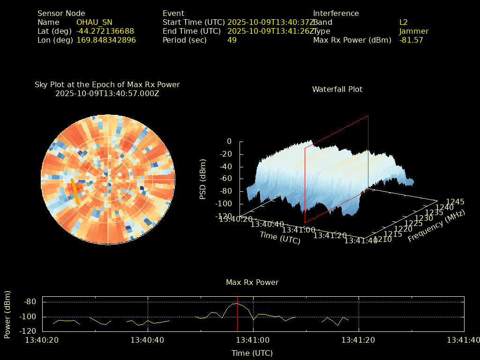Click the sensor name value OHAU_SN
(94, 22)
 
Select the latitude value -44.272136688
(105, 31)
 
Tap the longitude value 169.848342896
(106, 40)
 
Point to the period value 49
(232, 40)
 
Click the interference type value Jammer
(414, 31)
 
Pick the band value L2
(403, 22)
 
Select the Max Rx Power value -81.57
(411, 40)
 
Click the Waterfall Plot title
(337, 89)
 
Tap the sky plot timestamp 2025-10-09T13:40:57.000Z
(107, 93)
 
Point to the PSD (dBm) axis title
(203, 179)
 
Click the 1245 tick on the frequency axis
(455, 202)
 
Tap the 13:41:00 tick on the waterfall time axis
(298, 230)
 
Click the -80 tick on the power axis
(30, 302)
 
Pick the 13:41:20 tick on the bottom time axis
(359, 340)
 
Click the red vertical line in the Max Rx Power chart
(237, 319)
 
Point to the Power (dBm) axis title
(7, 314)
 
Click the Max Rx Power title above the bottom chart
(252, 283)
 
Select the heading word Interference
(336, 14)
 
